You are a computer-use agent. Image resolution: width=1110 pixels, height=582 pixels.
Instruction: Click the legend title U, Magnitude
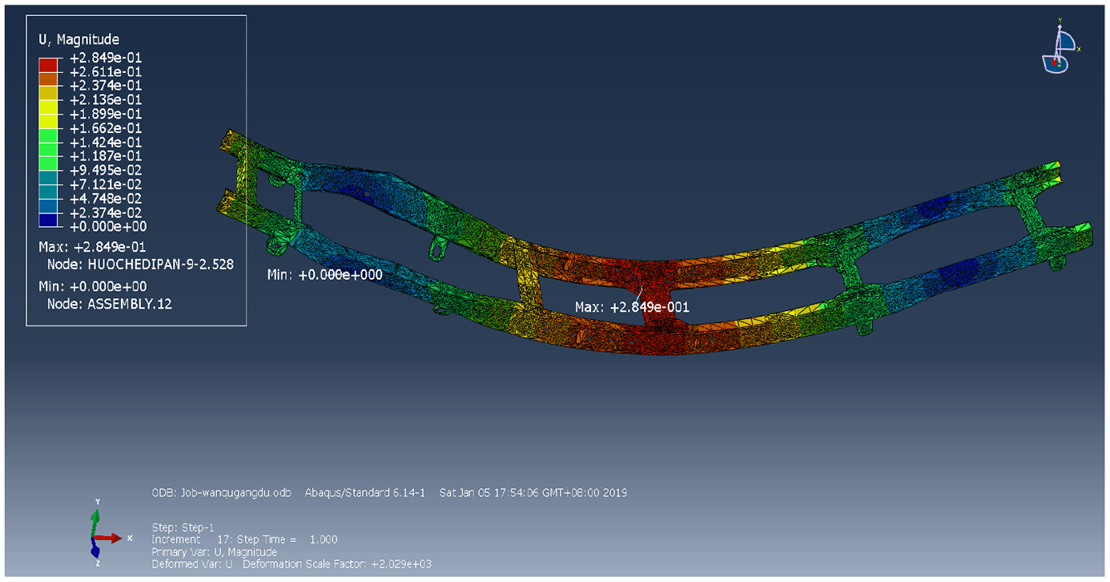78,39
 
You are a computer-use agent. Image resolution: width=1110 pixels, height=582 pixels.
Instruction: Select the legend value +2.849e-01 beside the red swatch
106,58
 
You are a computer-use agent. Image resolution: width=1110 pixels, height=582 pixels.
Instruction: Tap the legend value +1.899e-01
106,114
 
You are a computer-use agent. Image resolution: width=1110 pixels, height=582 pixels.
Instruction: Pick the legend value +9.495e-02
106,170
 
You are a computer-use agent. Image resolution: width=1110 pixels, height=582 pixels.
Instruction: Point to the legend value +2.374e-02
106,213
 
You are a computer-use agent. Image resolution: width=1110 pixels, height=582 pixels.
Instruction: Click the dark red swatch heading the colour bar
48,65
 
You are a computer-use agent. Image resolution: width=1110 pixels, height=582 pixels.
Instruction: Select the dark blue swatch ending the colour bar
48,220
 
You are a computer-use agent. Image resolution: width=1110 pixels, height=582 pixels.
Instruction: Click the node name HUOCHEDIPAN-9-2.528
160,265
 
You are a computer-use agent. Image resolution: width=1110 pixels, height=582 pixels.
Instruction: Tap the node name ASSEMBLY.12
130,304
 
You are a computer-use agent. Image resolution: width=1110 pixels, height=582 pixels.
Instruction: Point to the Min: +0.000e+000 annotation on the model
324,275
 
